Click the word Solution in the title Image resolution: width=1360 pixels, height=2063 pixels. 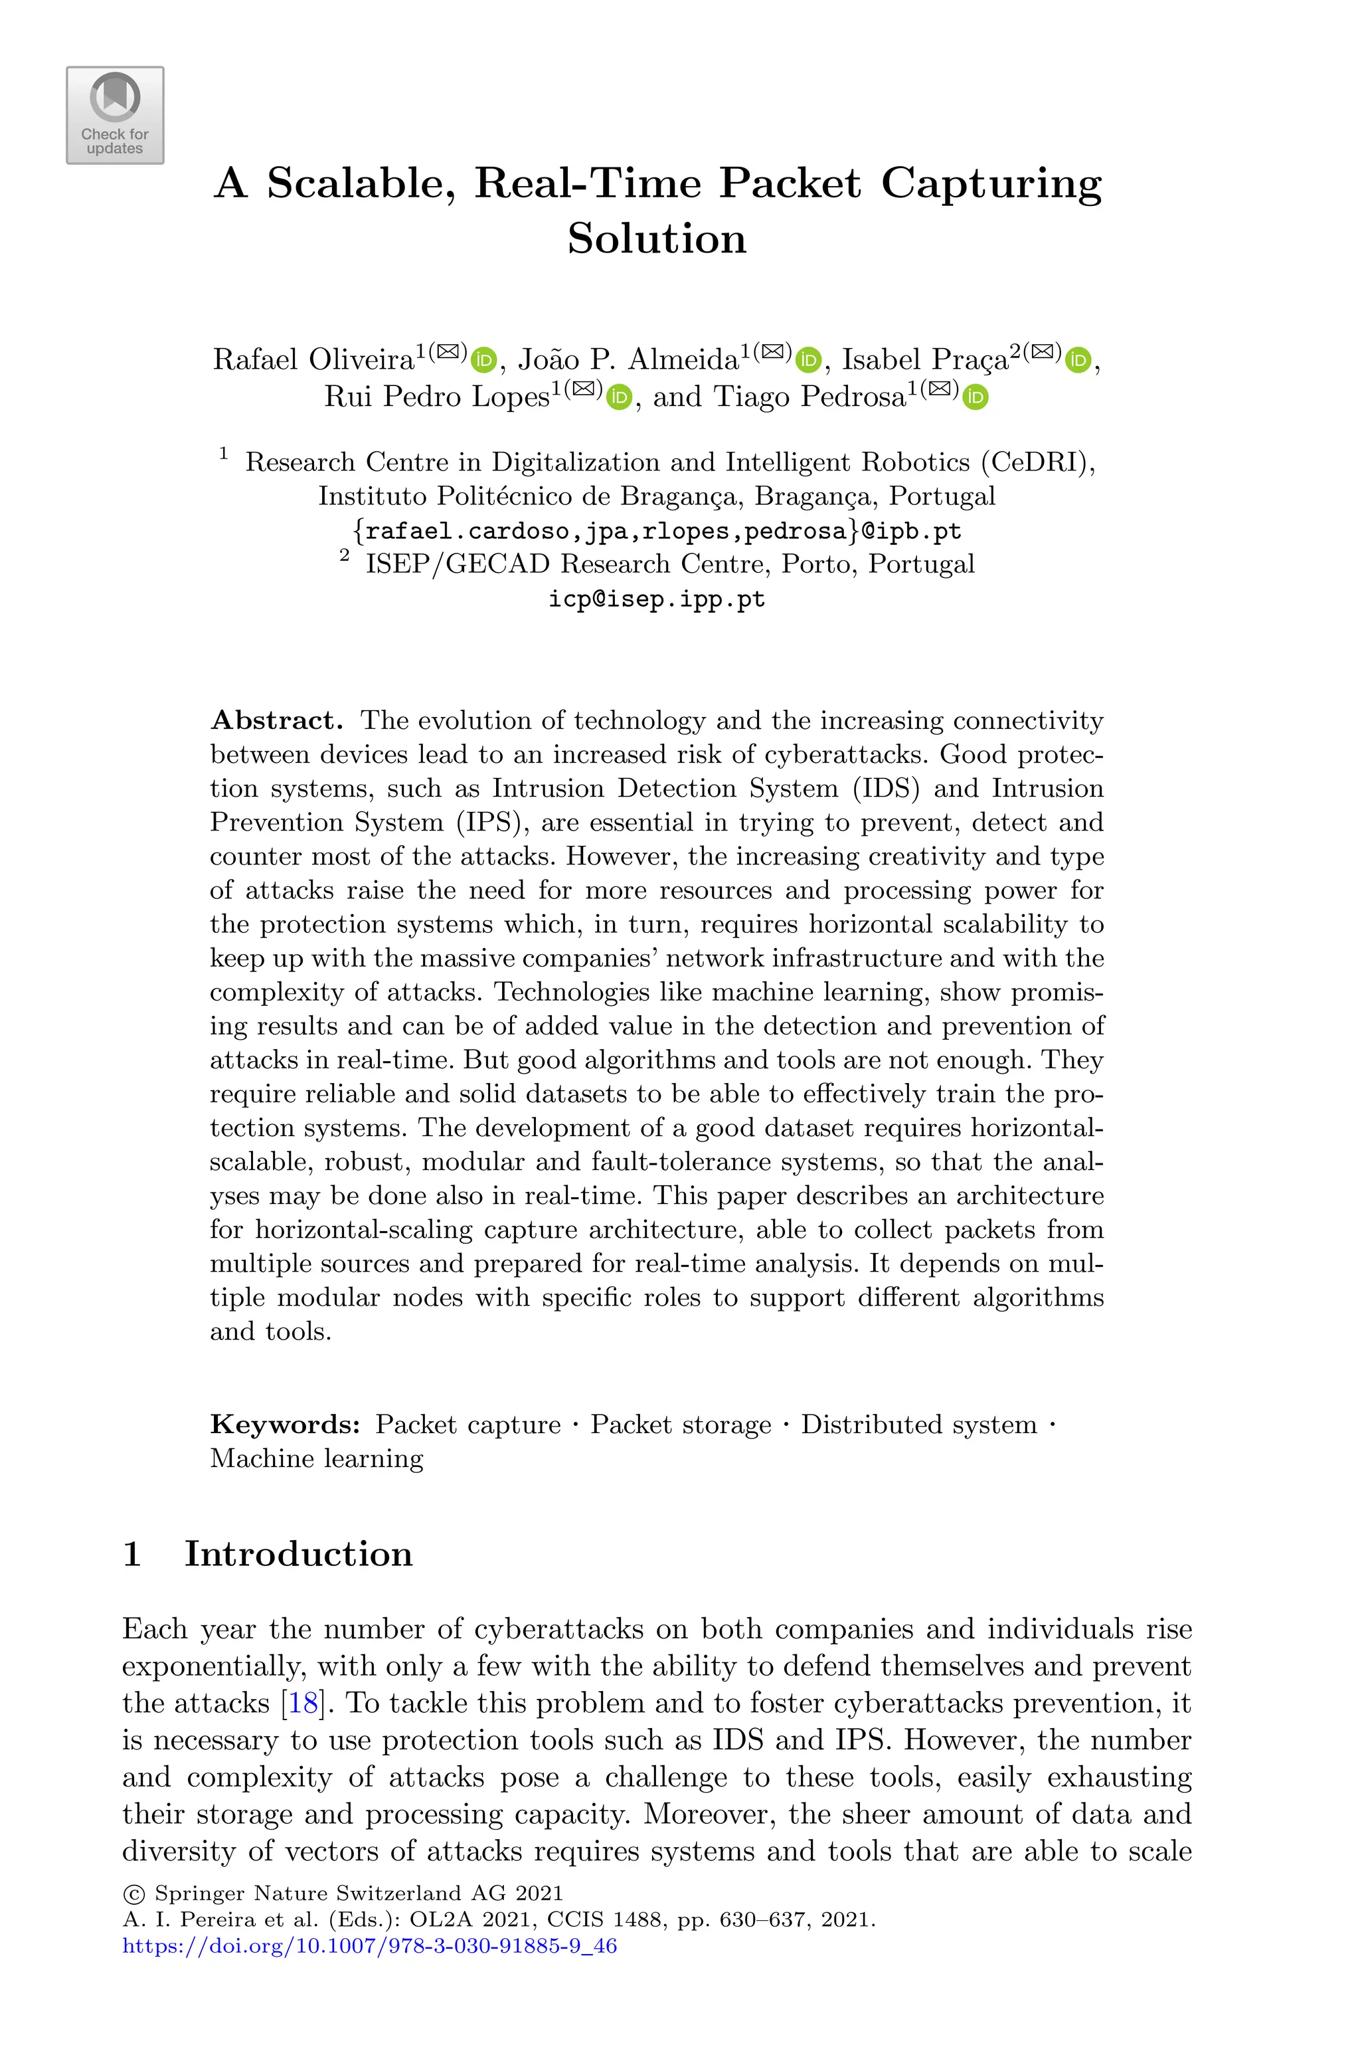tap(657, 239)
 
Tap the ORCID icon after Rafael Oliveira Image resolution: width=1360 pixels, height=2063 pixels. tap(484, 359)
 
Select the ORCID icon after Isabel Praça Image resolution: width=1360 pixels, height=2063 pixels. tap(1078, 359)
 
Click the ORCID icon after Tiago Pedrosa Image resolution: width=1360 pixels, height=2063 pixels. tap(976, 397)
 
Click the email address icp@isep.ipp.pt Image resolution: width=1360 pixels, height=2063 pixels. tap(657, 599)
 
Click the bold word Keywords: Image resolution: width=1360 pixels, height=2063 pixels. tap(284, 1425)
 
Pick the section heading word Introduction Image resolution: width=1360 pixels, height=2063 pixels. tap(298, 1554)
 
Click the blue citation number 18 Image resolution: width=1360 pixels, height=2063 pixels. tap(303, 1703)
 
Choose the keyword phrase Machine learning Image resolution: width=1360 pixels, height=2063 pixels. tap(317, 1459)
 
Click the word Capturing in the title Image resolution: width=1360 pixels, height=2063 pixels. tap(991, 183)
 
